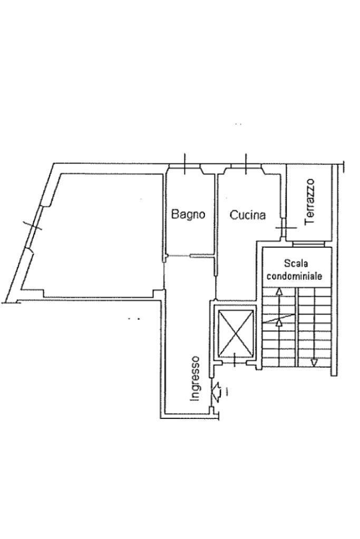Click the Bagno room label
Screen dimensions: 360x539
coord(188,214)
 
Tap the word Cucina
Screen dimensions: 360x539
coord(248,214)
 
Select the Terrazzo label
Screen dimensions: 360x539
coord(310,201)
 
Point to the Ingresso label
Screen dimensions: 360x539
coord(195,378)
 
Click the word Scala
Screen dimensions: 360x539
coord(295,262)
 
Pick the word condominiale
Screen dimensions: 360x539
coord(295,275)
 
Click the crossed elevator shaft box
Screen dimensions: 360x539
coord(236,332)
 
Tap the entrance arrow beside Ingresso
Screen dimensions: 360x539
coord(216,390)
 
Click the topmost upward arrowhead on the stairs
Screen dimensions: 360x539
coord(279,291)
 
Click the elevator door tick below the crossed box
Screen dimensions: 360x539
coord(233,360)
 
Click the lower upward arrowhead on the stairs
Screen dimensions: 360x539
coord(279,322)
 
